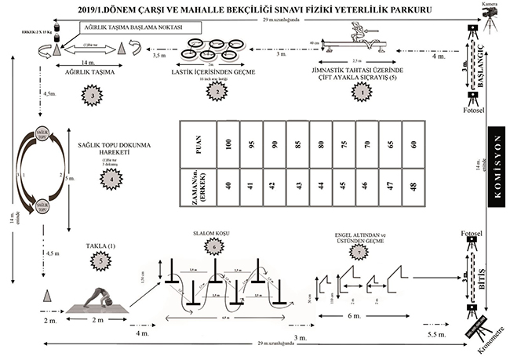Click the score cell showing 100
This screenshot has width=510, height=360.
point(228,144)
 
